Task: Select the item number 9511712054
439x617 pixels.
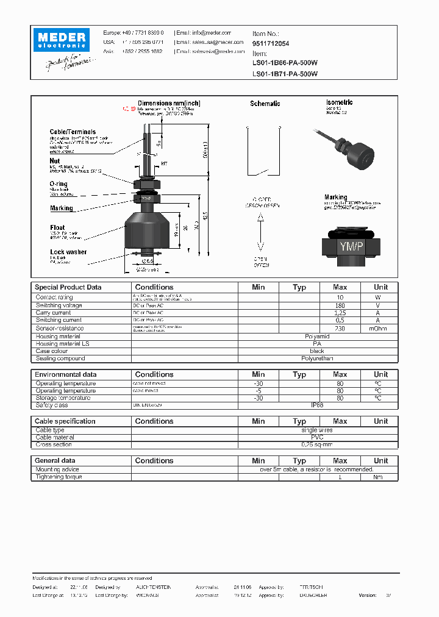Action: tap(271, 44)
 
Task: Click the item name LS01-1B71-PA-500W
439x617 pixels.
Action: tap(285, 74)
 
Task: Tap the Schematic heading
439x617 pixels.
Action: tap(265, 104)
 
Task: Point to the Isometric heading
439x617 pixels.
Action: tap(339, 102)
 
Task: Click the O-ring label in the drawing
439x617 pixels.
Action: tap(59, 184)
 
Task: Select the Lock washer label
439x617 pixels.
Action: tap(68, 252)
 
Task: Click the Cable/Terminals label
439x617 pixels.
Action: tap(73, 132)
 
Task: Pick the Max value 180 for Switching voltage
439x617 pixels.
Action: tap(340, 305)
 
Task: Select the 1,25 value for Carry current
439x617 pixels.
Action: tap(340, 313)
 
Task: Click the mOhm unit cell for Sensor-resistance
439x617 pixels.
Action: tap(380, 329)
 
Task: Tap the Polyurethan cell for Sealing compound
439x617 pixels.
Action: tap(318, 358)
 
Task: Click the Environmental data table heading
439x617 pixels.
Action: tap(66, 374)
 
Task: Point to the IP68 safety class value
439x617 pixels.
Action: tap(318, 405)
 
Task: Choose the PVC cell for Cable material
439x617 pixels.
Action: tap(318, 437)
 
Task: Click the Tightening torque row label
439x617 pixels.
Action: tap(59, 477)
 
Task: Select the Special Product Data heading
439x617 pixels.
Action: tap(68, 287)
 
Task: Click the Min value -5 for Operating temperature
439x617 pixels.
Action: tap(259, 391)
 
